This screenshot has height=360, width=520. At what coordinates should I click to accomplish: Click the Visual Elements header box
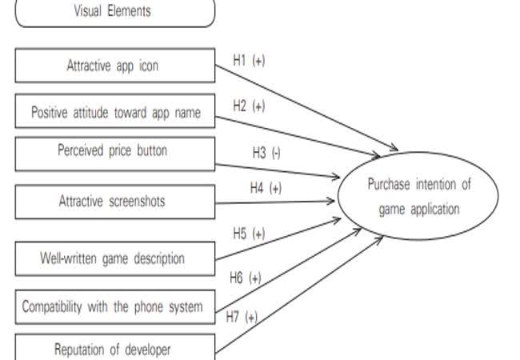(x=114, y=12)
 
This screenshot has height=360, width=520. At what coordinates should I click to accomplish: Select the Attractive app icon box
(x=114, y=66)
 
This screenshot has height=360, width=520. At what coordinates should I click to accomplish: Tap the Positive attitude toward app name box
(x=114, y=111)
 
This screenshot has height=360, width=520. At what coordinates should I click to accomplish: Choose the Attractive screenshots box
(x=114, y=202)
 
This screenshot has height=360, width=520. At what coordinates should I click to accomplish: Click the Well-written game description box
(x=114, y=258)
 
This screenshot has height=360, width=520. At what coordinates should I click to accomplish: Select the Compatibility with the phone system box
(x=114, y=306)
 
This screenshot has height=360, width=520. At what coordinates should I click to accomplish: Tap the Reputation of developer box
(x=114, y=349)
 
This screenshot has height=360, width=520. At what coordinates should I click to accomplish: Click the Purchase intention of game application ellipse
(x=418, y=196)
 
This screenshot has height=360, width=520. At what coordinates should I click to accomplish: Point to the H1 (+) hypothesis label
(x=248, y=60)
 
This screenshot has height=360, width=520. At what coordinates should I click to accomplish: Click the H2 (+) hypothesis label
(x=249, y=105)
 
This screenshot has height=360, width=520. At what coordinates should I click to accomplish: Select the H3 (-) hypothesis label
(x=266, y=153)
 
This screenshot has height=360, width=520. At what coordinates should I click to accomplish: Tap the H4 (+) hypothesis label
(x=266, y=188)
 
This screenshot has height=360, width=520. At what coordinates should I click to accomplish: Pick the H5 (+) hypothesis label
(x=248, y=234)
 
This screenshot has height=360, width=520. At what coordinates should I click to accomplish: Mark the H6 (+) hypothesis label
(x=245, y=278)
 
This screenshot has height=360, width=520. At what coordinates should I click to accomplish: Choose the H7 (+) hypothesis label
(x=241, y=317)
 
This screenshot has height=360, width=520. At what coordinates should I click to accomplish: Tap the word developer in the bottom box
(x=147, y=349)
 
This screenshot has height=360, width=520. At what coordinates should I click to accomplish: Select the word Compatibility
(x=54, y=306)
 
